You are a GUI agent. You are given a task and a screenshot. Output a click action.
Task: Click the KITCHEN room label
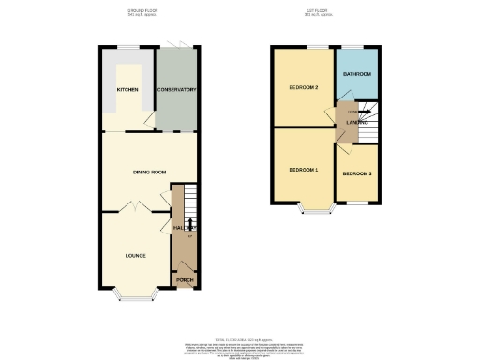point(127,90)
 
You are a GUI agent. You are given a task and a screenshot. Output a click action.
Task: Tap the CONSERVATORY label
point(175,90)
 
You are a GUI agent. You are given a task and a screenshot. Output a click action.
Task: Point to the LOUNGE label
point(135,254)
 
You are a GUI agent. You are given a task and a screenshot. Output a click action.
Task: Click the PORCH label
point(186,279)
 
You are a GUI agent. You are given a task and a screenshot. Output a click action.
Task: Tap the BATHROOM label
point(356,74)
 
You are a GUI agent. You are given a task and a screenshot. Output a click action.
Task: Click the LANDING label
point(356,122)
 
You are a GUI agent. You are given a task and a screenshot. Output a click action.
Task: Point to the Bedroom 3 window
point(358,202)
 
